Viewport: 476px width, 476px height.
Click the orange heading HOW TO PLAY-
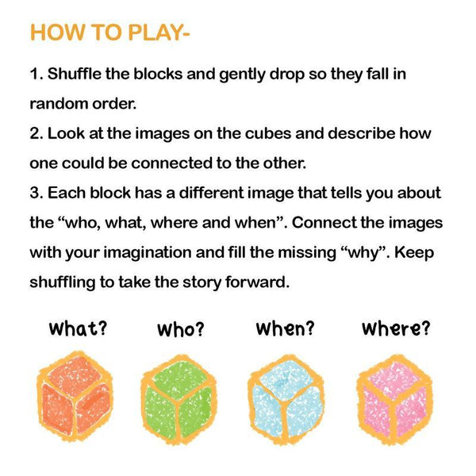point(110,33)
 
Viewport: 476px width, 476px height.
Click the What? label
point(79,328)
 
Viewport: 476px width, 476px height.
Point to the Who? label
point(181,329)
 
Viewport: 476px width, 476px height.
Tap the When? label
point(285,328)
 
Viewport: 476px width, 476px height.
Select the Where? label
point(396,328)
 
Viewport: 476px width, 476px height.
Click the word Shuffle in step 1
point(75,74)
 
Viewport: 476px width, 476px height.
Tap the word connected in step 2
point(171,163)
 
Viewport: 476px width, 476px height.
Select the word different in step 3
point(211,193)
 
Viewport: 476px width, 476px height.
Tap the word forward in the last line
point(257,282)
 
